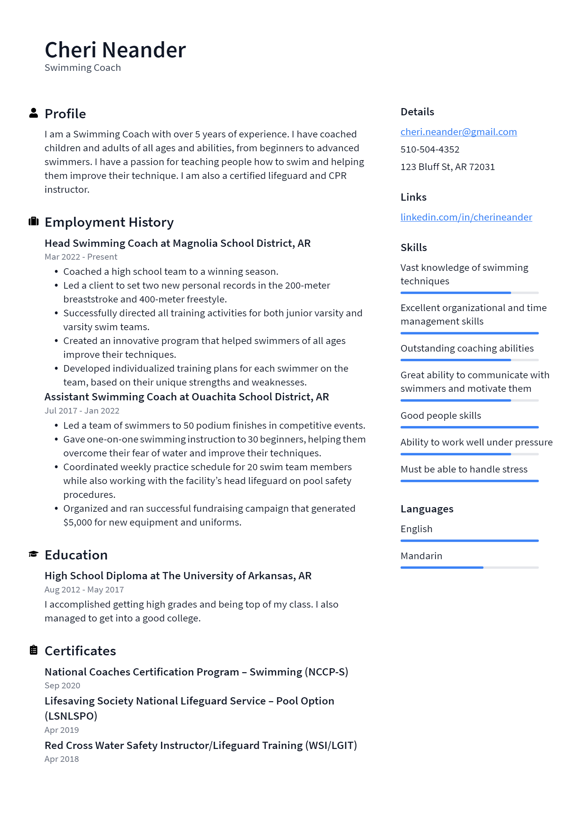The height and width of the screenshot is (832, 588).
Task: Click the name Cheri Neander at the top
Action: pos(115,50)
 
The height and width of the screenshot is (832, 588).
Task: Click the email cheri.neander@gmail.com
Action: pos(458,132)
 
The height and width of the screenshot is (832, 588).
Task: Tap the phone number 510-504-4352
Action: pos(430,149)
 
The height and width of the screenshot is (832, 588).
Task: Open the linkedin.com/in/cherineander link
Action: pos(466,217)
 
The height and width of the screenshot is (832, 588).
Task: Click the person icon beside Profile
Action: pos(33,113)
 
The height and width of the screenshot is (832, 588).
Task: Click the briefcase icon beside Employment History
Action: pos(33,221)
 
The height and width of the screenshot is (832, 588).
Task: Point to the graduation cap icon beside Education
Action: pos(33,554)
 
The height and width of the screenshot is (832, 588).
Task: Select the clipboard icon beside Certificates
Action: pos(33,650)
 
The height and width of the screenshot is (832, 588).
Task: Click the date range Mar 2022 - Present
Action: pos(81,257)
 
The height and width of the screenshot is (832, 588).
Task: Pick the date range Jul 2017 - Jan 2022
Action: pos(82,411)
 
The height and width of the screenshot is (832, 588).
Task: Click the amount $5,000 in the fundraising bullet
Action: pos(77,523)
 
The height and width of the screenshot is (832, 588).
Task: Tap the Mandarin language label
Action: pos(421,556)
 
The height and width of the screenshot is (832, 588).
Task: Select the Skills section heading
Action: pos(413,247)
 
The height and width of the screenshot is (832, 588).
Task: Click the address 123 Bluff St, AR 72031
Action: pos(447,167)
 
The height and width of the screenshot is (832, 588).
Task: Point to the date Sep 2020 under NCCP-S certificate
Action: pos(62,686)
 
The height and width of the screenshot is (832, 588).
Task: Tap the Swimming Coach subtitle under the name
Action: pos(83,68)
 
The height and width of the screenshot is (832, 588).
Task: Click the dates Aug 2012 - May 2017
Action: pos(84,590)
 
